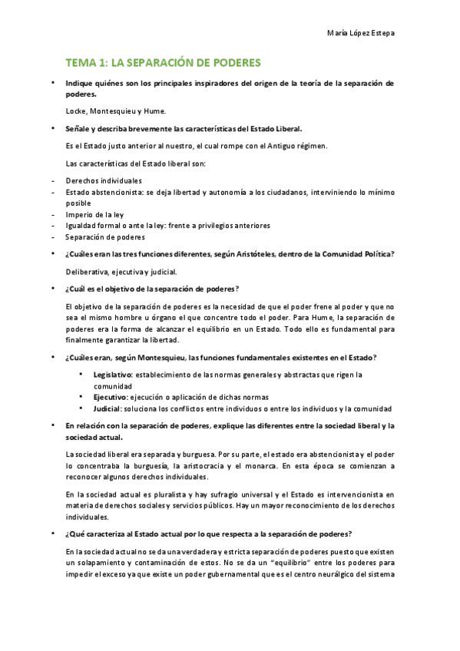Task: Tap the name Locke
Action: [x=77, y=111]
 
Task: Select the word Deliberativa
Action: [x=88, y=271]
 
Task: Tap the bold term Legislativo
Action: [x=113, y=374]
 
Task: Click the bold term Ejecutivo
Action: [x=110, y=397]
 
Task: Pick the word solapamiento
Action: [x=96, y=562]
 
